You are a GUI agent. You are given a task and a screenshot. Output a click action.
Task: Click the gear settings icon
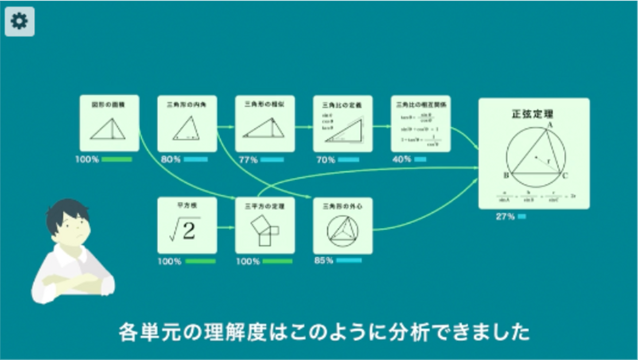point(19,21)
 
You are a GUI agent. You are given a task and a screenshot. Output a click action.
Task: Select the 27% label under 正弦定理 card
point(505,217)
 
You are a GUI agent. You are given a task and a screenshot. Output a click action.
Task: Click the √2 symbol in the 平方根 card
point(185,229)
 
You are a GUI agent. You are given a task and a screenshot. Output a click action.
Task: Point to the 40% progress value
point(401,159)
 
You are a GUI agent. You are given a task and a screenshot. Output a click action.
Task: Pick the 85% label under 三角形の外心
point(323,260)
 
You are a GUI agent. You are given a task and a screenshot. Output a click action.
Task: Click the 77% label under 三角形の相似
point(248,160)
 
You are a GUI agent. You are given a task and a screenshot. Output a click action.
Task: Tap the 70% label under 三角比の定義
point(326,160)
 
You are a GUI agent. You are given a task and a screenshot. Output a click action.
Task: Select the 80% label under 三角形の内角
point(171,159)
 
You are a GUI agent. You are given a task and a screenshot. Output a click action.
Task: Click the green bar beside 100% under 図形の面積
point(117,159)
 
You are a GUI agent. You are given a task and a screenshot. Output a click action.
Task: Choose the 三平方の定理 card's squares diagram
point(265,231)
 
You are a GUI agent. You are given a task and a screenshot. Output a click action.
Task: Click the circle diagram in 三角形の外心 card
point(342,231)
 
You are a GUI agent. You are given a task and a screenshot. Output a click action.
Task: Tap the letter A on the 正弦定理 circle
point(550,125)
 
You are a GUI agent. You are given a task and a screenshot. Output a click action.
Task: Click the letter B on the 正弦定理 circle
point(506,175)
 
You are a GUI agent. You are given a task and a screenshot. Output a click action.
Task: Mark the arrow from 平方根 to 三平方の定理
point(226,228)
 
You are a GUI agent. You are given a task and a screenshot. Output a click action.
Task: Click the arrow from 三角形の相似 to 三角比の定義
point(303,127)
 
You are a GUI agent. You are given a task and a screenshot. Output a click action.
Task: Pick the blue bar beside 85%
point(349,260)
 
